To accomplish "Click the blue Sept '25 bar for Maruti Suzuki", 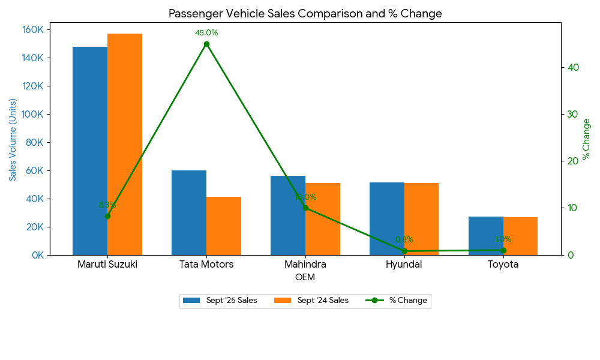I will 90,151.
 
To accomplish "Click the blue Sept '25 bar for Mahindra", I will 288,215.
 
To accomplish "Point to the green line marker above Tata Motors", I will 206,44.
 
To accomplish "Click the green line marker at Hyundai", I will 404,251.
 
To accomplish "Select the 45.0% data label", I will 206,33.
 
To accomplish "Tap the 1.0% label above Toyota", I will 503,239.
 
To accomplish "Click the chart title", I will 305,14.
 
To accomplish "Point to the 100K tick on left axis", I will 32,115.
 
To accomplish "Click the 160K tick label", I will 32,30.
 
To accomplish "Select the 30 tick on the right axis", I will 574,114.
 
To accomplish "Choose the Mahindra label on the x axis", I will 305,265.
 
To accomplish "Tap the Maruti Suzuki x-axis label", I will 107,265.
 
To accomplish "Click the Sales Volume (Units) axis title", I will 13,139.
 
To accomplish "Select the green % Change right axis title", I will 587,139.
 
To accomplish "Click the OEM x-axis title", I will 305,278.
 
